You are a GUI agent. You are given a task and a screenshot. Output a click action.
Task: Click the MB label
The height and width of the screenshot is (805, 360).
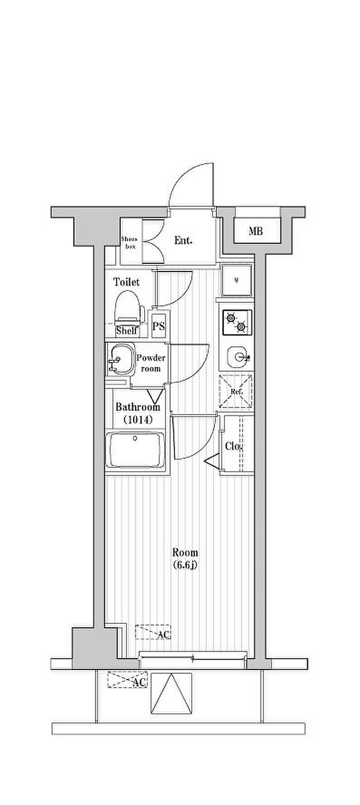[256, 231]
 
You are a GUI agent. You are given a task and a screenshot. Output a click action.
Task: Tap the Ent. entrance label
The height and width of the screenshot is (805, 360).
[183, 240]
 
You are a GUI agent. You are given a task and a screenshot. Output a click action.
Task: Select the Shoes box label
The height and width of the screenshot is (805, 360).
[129, 242]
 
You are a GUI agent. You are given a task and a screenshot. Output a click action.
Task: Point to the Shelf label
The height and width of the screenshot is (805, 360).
[126, 331]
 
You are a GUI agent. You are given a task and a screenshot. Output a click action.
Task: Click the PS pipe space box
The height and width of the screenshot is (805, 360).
[158, 326]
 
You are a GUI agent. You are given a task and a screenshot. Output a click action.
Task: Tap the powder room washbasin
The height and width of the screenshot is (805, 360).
[120, 359]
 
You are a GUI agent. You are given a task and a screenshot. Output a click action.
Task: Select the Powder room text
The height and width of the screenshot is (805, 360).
[151, 364]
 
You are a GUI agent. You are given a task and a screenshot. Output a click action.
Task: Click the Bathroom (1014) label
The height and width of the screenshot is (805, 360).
[137, 413]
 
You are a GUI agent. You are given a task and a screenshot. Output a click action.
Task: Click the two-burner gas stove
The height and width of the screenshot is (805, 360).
[237, 322]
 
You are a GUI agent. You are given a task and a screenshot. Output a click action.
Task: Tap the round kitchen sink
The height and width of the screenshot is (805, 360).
[238, 355]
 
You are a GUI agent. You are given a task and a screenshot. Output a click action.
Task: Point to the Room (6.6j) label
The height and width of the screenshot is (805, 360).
[185, 559]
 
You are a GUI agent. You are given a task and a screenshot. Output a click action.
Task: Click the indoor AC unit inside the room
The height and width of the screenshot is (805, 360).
[153, 632]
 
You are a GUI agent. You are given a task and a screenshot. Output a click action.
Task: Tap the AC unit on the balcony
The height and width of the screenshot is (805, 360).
[127, 681]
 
